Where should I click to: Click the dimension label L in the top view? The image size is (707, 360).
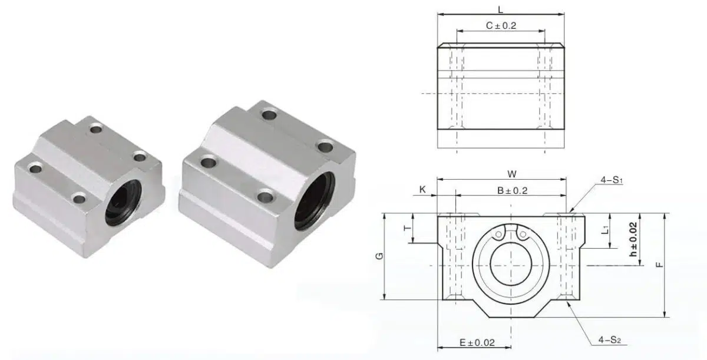501,9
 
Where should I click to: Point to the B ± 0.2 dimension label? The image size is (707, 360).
511,190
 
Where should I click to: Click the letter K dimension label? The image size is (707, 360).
422,189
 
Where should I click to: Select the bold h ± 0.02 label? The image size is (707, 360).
633,239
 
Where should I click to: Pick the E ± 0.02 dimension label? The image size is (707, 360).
477,342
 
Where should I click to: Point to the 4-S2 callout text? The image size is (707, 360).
610,340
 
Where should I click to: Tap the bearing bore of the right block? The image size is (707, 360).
313,200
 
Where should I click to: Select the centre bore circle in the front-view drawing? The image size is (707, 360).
511,265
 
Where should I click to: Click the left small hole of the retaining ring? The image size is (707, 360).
500,234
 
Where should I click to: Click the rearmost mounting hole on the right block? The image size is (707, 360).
269,114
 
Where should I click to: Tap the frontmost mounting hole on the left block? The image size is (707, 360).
79,197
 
